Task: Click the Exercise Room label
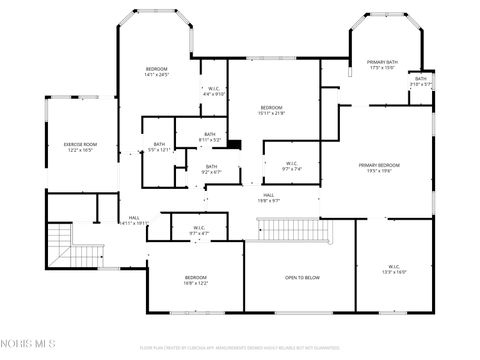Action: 80,147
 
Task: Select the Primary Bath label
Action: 382,65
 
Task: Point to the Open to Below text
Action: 301,277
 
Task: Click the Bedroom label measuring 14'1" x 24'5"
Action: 157,71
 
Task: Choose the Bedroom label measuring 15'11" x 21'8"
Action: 273,110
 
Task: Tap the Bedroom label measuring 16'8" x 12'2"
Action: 195,280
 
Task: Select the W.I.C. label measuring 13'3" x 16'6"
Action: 394,269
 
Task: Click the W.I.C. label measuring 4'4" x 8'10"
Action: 213,91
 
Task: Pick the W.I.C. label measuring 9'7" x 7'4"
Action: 291,166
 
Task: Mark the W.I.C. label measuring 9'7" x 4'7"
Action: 199,230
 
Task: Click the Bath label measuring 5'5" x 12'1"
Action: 159,147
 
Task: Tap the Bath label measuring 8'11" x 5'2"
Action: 209,137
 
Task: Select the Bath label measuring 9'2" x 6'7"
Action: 211,169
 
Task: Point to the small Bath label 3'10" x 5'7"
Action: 420,81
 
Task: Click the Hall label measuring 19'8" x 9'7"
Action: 269,197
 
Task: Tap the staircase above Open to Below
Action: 295,231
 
